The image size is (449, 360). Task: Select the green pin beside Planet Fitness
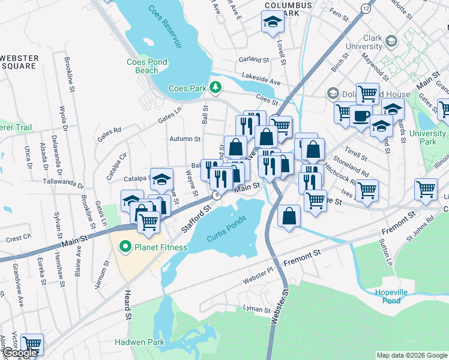pos(125,247)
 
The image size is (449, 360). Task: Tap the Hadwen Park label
pos(139,342)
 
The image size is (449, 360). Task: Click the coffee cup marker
pos(361,115)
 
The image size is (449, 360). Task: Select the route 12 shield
pos(366,7)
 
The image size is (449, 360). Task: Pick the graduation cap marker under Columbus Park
pos(272,22)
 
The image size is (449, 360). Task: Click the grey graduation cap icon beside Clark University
pos(392,41)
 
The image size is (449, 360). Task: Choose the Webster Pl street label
pos(258,280)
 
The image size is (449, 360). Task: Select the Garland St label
pos(253,59)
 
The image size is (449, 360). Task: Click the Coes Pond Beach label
pos(143,66)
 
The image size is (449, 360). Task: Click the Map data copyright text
pos(411,355)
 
